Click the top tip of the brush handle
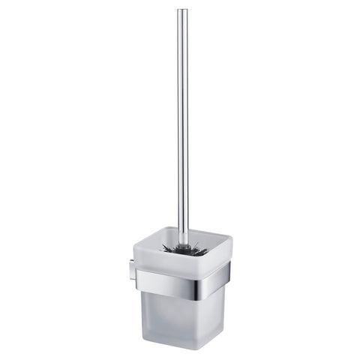(182, 10)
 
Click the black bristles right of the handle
(196, 247)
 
